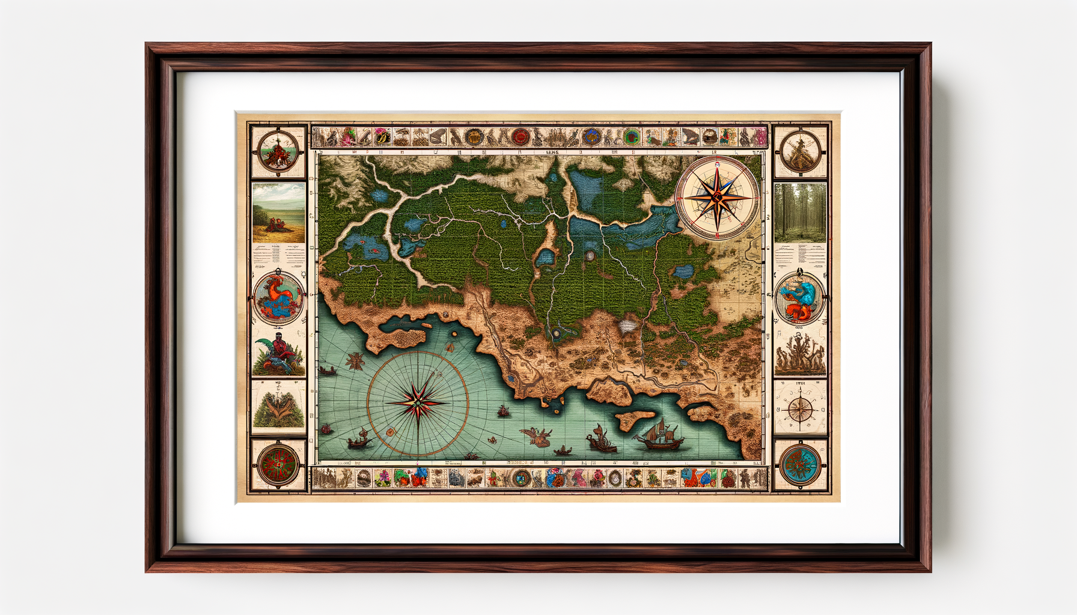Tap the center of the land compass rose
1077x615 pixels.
point(717,197)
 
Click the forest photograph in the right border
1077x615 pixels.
point(800,213)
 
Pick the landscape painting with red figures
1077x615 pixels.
point(278,213)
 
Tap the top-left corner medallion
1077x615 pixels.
point(278,151)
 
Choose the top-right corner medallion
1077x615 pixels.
point(800,151)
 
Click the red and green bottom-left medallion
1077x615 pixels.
point(278,465)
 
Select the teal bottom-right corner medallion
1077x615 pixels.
point(800,465)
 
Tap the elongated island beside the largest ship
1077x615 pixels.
point(634,418)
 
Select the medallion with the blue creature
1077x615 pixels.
point(800,297)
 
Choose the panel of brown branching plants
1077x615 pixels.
point(800,354)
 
